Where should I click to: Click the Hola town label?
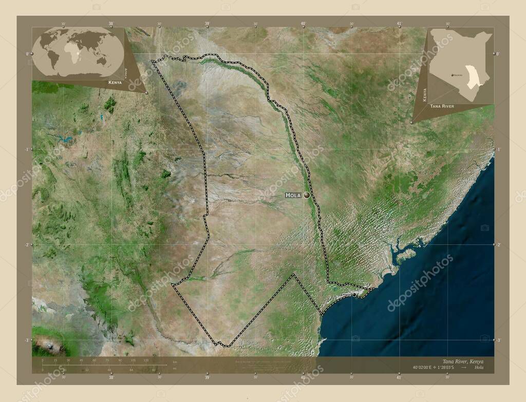293,195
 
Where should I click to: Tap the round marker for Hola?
307,195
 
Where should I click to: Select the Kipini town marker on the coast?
354,295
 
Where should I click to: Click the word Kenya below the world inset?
115,82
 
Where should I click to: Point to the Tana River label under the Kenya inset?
442,106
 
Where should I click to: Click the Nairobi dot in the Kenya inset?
452,75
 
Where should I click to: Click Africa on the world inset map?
74,51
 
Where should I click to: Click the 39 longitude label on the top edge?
207,24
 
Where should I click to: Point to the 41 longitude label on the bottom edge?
399,377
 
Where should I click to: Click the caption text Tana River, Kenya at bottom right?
462,361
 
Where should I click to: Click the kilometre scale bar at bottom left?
103,365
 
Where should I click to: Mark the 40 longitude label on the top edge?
303,24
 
